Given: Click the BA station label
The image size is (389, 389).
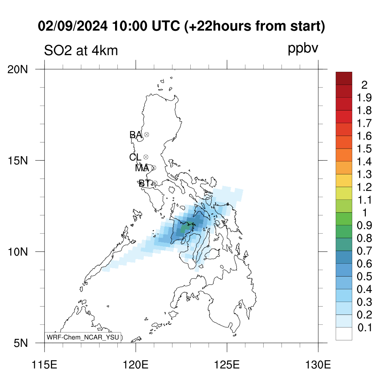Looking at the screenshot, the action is point(136,135).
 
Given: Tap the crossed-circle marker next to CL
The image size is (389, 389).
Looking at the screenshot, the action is point(146,157).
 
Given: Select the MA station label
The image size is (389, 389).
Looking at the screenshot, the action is point(142,168).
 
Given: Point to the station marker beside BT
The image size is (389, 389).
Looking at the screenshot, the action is point(155,183).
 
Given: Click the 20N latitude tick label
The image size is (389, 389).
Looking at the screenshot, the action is point(17,70).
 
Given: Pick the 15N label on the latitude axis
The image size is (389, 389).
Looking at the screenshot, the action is point(17,161).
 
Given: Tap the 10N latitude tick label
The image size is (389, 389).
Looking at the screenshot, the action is point(17,252).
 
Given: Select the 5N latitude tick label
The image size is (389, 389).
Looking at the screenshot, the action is point(21,343).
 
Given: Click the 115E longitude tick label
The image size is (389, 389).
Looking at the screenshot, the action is point(45,365).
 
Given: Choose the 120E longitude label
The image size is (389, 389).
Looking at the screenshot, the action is point(136,365).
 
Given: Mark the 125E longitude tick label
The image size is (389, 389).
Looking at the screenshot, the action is point(227,365).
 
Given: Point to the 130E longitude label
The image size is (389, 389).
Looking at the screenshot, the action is point(318,365).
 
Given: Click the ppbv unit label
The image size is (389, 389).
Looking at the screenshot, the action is point(303,48).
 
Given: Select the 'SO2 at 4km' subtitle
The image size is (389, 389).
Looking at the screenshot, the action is point(81,51).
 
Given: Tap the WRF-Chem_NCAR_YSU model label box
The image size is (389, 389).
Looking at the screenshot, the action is point(83,337).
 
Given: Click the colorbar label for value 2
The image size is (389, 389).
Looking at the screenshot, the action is point(364,85).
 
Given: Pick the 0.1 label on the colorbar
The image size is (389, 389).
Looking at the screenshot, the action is point(365,327).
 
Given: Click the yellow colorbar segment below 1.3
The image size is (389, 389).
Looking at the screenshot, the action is point(344,180).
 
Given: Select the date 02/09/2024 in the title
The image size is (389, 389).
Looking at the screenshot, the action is point(73,26).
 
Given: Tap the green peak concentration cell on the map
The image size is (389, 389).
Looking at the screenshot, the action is point(185,227).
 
